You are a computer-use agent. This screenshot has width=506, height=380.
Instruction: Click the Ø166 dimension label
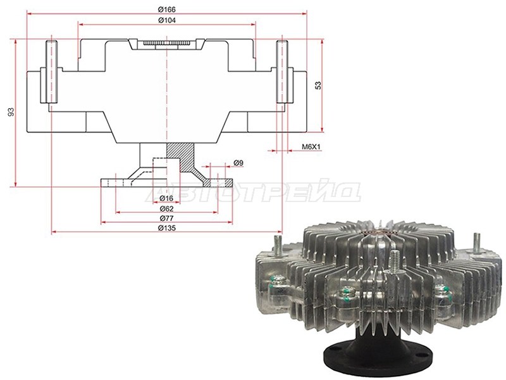[x=166, y=9]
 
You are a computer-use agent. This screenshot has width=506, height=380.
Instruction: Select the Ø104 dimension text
[x=167, y=20]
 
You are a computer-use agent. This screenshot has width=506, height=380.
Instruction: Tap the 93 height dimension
[x=11, y=112]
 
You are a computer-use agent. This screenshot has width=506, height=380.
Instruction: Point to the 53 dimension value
[x=318, y=85]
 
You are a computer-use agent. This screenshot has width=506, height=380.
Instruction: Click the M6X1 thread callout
[x=311, y=147]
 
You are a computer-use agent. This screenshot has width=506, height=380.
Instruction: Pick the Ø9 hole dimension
[x=238, y=163]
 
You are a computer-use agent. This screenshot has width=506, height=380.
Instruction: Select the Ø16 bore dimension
[x=166, y=198]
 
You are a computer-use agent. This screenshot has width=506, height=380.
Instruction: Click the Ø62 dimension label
[x=166, y=208]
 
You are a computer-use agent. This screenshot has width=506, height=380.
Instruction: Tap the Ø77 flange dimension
[x=166, y=218]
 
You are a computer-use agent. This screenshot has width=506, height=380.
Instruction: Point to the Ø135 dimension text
[x=167, y=228]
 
